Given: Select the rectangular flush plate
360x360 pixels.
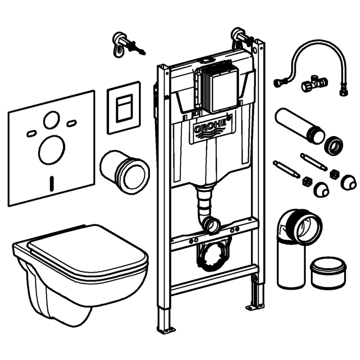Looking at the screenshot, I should [x=124, y=108].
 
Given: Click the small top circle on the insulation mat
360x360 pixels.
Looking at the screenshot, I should [x=51, y=120].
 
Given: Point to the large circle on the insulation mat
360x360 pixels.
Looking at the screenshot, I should [x=51, y=150].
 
